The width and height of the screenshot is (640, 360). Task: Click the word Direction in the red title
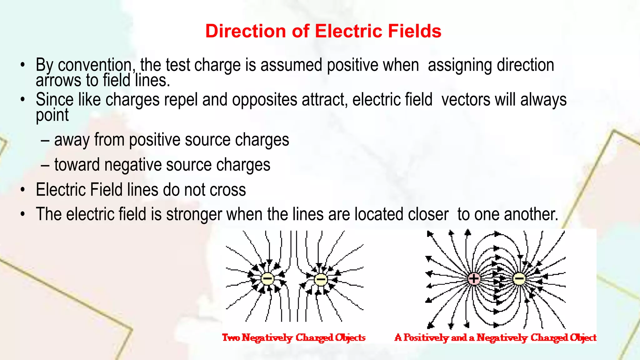246,31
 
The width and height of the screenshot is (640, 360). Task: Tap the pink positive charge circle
474,278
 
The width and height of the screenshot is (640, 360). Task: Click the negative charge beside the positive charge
519,278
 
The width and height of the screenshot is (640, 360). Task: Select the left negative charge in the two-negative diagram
267,279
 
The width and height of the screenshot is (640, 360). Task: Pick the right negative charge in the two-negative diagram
321,279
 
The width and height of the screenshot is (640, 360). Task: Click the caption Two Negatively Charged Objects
294,337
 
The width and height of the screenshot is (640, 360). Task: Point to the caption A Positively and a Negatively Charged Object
495,337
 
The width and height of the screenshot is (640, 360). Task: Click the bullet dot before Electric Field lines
22,190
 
